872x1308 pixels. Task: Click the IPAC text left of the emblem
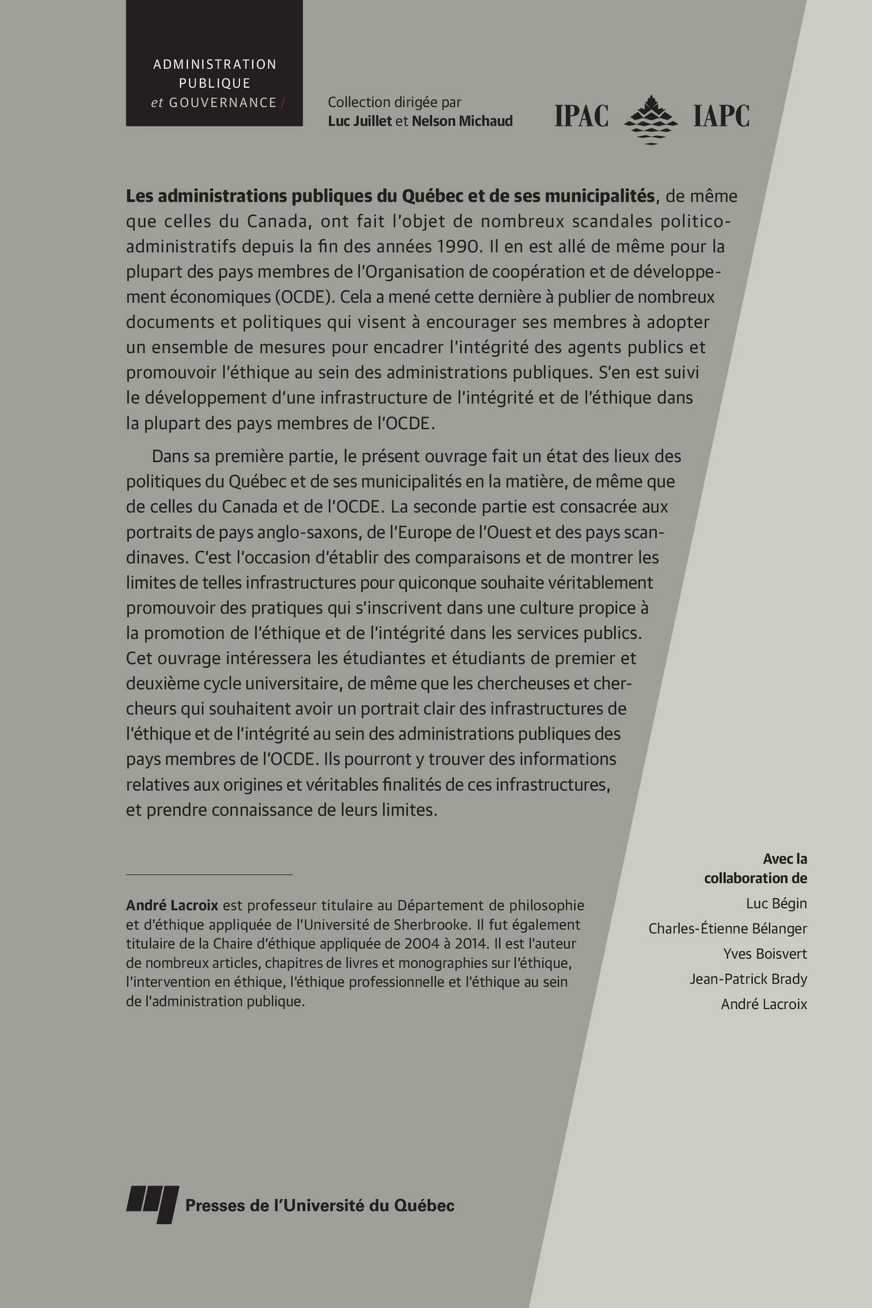coord(581,116)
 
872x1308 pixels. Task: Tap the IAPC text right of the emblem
coord(721,116)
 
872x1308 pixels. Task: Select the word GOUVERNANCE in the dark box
coord(222,103)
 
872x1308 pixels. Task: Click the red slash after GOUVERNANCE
coord(283,103)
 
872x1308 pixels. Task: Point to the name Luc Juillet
coord(360,121)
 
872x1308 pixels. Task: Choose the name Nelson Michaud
coord(462,121)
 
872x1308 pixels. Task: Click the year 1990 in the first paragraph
coord(457,247)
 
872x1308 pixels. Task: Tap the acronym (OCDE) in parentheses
coord(306,297)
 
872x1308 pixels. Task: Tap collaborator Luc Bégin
coord(776,903)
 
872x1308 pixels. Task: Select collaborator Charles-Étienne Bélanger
coord(727,929)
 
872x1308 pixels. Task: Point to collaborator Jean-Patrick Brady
coord(748,979)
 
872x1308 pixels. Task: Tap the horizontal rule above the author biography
coord(209,874)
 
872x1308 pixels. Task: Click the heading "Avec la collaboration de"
coord(756,868)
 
